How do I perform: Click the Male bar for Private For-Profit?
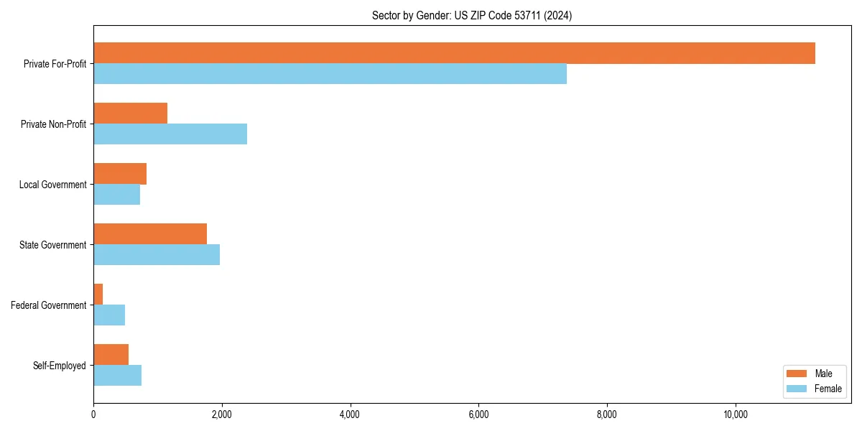coord(454,53)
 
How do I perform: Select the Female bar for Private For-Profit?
coord(330,74)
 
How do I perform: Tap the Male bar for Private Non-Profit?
coord(130,113)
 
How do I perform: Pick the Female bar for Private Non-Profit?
coord(170,134)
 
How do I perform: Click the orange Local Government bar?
coord(120,174)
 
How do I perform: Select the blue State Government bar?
coord(157,255)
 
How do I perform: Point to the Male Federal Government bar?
coord(98,295)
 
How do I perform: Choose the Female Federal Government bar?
coord(109,315)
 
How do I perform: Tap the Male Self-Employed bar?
coord(111,355)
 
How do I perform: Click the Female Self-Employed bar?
coord(117,376)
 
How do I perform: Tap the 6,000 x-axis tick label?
coord(478,414)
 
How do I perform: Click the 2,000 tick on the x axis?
coord(221,414)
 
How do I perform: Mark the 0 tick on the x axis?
coord(93,414)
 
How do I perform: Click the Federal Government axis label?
coord(49,305)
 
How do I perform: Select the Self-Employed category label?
coord(60,366)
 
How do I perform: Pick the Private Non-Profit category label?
coord(53,124)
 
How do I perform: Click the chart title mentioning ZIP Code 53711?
coord(472,15)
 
